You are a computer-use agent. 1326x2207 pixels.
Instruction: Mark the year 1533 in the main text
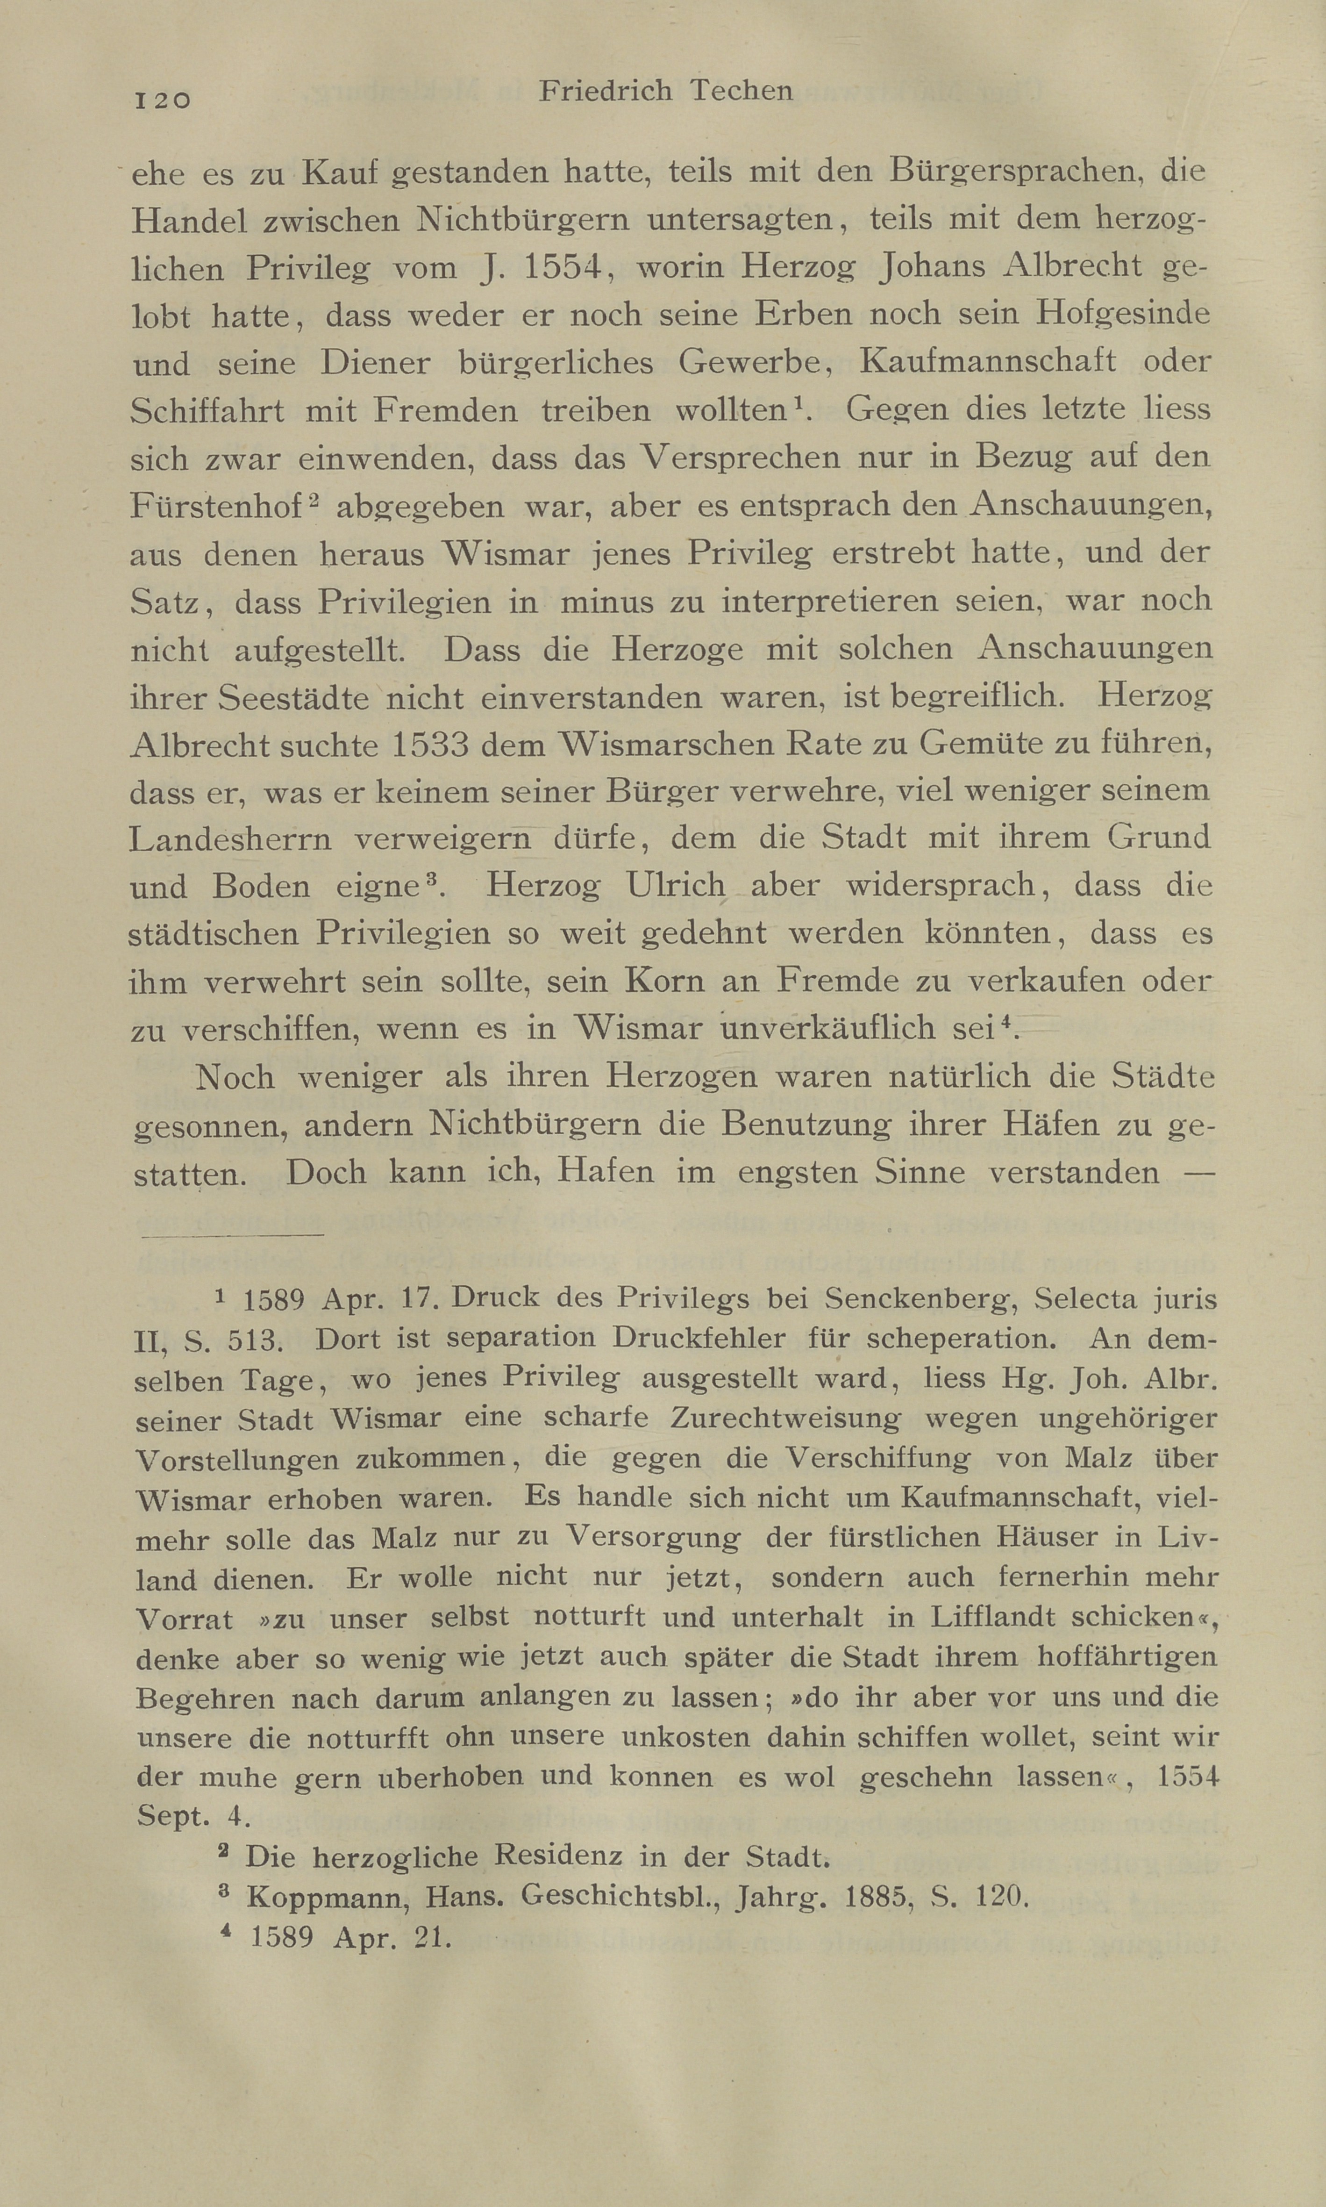point(430,744)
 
